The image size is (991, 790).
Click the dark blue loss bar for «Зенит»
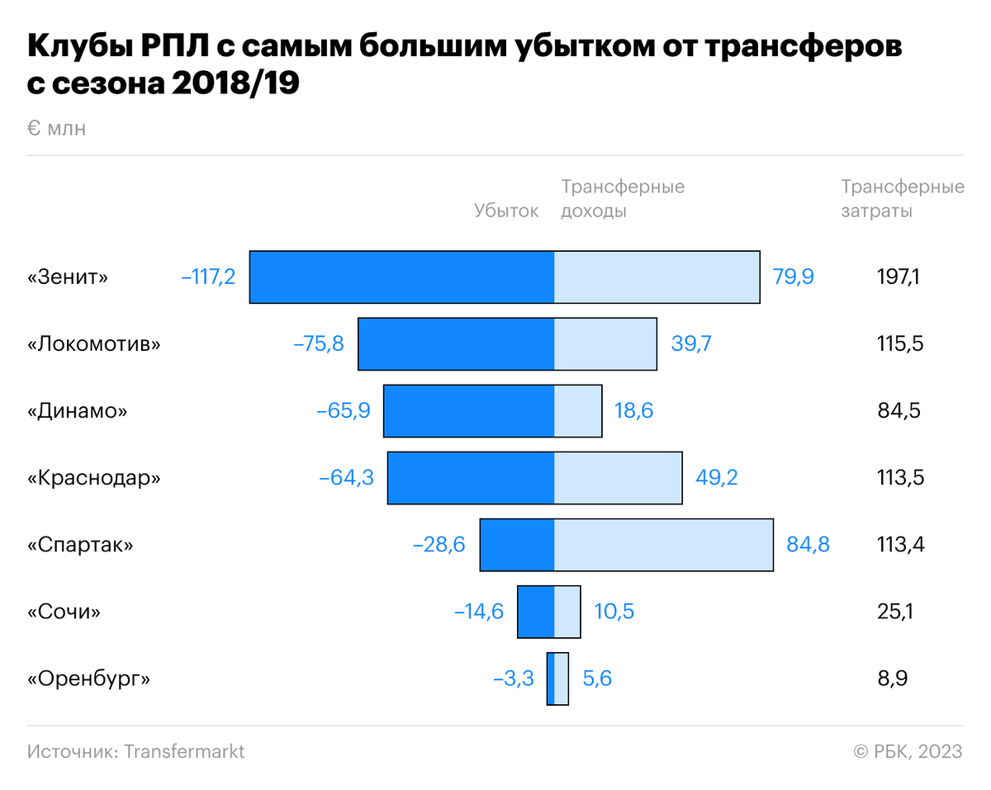[x=402, y=277]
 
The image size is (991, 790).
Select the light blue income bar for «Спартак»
[x=664, y=545]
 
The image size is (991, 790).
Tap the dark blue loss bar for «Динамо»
[x=469, y=411]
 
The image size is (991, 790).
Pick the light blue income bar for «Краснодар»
[x=618, y=478]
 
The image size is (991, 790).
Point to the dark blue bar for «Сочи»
[x=536, y=612]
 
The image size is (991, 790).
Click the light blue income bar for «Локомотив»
[x=605, y=343]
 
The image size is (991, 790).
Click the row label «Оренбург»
[x=89, y=679]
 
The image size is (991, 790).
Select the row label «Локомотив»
[x=94, y=343]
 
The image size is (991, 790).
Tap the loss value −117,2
[x=208, y=277]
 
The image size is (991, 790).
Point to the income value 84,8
[x=808, y=545]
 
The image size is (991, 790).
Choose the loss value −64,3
[x=346, y=478]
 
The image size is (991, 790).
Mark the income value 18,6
[x=633, y=411]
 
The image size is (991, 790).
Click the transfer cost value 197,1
[x=899, y=277]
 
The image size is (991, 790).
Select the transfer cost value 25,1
[x=895, y=612]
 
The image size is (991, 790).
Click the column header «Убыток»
[x=506, y=211]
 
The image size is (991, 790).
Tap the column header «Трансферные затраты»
[x=903, y=199]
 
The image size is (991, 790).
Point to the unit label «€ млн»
[x=56, y=129]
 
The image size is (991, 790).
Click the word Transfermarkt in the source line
[x=184, y=751]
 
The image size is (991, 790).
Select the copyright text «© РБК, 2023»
[x=908, y=751]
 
